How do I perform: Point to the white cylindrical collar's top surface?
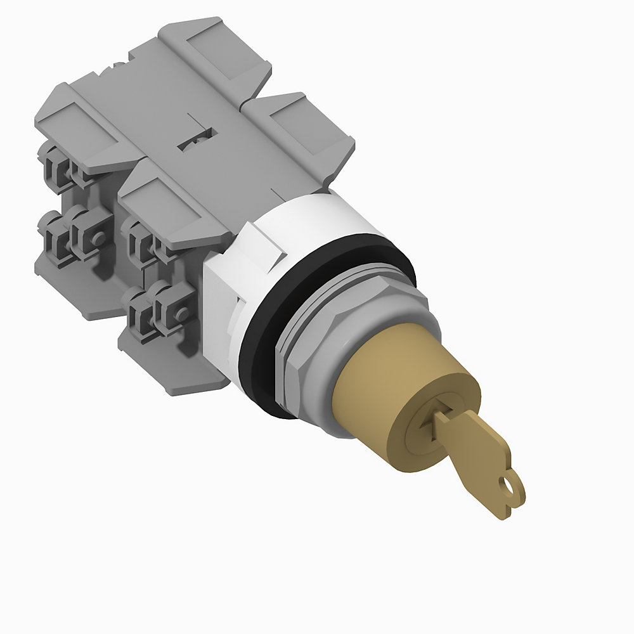(317, 216)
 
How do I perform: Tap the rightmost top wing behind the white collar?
(304, 133)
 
